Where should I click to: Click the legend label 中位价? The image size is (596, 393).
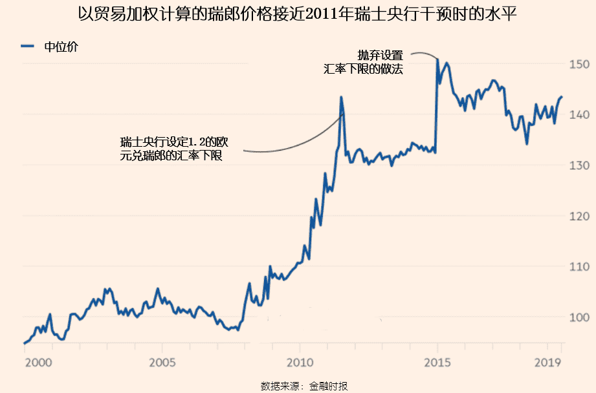coord(61,47)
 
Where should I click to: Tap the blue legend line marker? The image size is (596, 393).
coord(28,47)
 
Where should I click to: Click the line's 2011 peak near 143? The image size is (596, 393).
coord(341,98)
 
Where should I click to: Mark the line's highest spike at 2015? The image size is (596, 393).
coord(438,59)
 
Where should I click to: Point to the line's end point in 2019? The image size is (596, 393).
coord(562,96)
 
